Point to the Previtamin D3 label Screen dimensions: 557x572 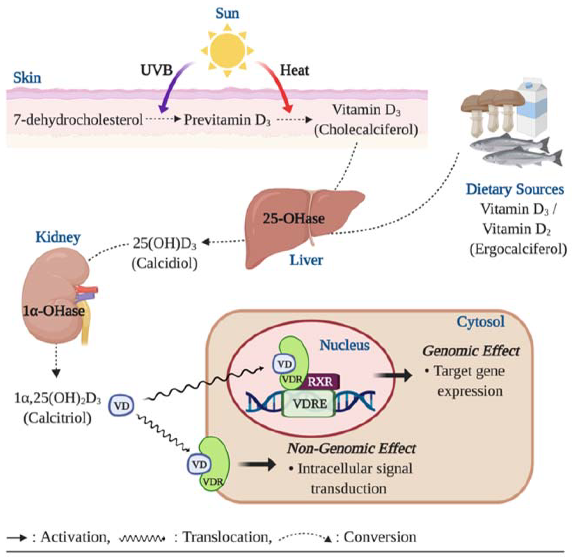pos(227,120)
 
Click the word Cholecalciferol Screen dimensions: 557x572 pos(366,130)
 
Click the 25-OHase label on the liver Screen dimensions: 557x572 pos(294,219)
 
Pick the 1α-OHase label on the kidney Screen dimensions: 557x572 pos(54,311)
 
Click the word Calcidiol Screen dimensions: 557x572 pos(164,263)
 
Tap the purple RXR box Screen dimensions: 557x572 pos(320,381)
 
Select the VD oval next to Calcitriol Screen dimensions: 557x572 pos(121,406)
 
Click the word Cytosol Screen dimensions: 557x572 pos(481,322)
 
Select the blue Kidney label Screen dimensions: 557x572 pos(58,237)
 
